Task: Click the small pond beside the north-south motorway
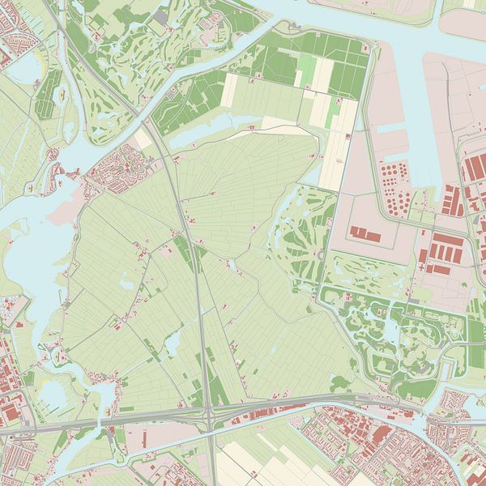173,343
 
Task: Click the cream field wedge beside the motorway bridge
143,137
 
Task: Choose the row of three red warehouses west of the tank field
364,236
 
